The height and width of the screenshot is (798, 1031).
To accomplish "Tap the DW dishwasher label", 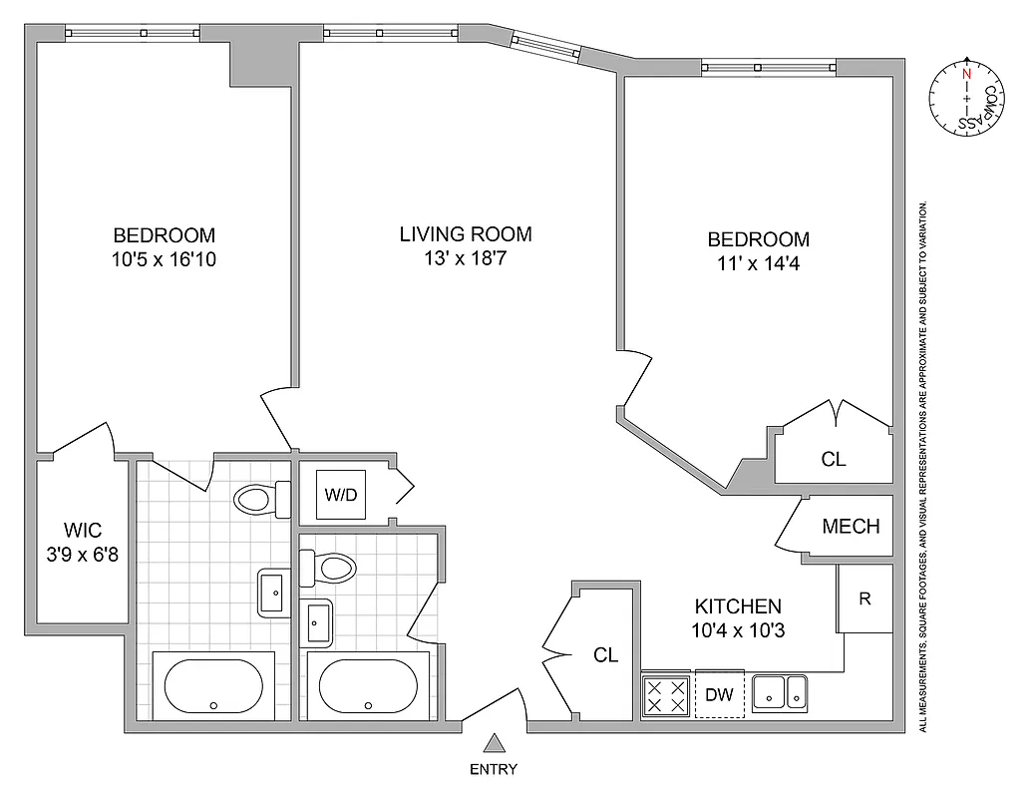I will (x=719, y=694).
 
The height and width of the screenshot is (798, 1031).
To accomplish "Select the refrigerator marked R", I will (x=865, y=598).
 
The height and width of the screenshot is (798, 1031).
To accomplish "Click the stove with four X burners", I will (x=666, y=695).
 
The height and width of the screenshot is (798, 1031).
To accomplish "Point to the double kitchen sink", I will (x=779, y=692).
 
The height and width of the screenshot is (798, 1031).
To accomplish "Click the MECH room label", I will (x=851, y=526).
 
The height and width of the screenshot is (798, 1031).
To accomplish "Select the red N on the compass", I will (x=965, y=73).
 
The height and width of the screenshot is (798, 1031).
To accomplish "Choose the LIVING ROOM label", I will (x=466, y=234).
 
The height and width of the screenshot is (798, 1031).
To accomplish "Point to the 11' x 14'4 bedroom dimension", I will (x=758, y=264).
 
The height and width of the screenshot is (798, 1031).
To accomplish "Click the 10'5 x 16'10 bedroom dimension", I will (x=164, y=260).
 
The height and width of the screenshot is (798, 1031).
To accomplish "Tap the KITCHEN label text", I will (x=738, y=605).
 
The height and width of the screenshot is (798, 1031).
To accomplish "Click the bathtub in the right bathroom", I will (x=368, y=685).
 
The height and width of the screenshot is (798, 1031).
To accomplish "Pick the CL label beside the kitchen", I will (x=605, y=655).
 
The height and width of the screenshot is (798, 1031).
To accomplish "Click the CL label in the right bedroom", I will (x=834, y=459).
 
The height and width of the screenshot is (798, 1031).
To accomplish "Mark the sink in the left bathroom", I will (x=273, y=594).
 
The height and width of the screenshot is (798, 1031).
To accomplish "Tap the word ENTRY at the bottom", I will (x=494, y=769).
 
